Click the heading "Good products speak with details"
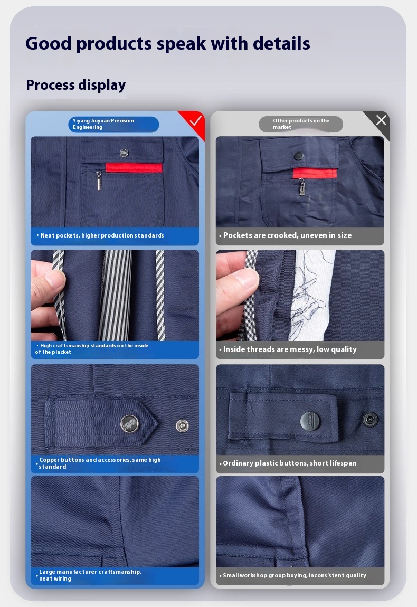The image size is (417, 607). [168, 44]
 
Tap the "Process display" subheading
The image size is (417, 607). [76, 85]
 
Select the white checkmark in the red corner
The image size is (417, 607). [195, 121]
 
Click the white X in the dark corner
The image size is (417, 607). [381, 120]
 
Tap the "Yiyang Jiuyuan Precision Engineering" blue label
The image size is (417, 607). [113, 124]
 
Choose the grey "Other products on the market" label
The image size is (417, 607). [301, 124]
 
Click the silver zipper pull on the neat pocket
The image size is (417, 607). [99, 181]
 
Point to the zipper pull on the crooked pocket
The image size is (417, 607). [301, 187]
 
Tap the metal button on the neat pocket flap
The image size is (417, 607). [124, 153]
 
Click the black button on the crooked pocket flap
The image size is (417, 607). [299, 156]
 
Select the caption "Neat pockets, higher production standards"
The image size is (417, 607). [102, 235]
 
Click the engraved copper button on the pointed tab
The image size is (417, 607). [129, 423]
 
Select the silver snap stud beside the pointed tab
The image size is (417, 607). [182, 425]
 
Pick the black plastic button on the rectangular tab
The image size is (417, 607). [310, 421]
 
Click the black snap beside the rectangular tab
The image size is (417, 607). [371, 419]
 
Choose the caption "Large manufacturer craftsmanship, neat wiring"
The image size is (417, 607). [90, 575]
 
